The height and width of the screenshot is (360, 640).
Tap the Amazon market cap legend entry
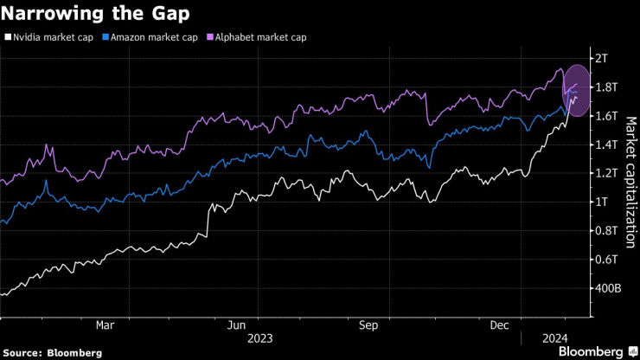pyautogui.click(x=150, y=37)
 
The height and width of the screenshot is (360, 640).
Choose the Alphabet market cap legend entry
pyautogui.click(x=254, y=37)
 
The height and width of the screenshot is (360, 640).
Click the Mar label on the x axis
pyautogui.click(x=105, y=325)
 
